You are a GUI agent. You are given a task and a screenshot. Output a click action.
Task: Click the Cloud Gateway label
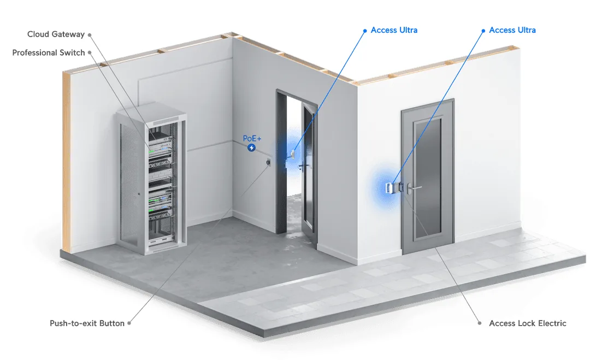56,34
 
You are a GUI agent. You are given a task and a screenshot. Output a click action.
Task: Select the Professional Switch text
49,52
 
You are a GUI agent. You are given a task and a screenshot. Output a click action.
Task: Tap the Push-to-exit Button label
87,323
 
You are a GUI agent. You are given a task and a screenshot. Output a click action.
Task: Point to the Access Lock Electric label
528,323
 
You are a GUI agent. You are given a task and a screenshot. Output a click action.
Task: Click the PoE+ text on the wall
252,138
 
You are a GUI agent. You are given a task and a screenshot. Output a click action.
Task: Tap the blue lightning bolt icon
251,148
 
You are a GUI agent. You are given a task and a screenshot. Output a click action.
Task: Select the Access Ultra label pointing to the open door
394,30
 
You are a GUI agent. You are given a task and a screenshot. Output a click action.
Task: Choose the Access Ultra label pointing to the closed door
512,30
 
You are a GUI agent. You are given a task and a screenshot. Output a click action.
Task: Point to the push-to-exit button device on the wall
268,162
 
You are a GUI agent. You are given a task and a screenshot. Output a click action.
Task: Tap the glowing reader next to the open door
292,154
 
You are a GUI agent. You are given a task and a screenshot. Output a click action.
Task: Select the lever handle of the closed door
413,187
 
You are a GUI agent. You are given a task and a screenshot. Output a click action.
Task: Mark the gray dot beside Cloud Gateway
90,35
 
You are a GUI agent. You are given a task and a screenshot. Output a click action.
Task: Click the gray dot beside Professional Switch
90,52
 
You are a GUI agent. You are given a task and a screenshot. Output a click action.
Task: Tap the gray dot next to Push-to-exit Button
129,323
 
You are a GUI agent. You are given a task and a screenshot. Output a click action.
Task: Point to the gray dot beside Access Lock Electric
480,323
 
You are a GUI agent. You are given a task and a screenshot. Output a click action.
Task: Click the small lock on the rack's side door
138,194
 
